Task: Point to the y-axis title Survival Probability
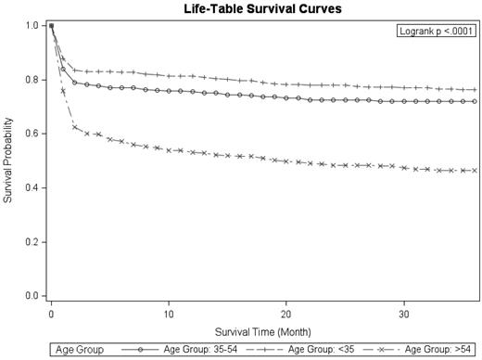coord(8,160)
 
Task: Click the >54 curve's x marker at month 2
coord(75,127)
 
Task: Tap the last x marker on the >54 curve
coord(475,170)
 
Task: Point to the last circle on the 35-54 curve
coord(475,101)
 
